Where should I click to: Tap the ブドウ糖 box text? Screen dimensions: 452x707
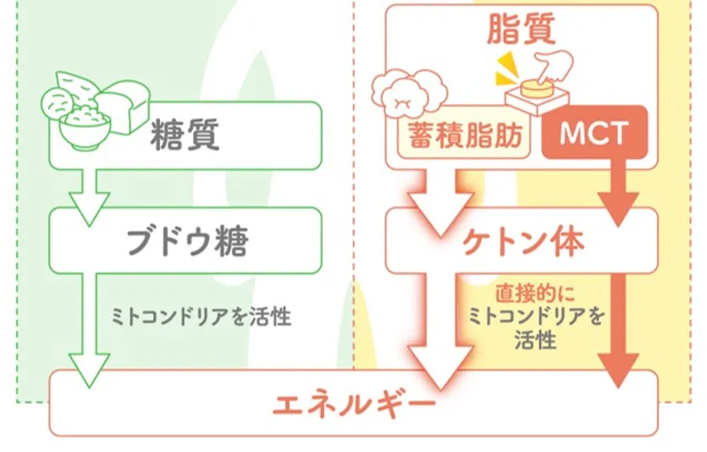(x=187, y=242)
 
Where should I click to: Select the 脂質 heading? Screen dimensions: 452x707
(x=521, y=30)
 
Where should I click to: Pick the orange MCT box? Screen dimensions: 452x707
(x=594, y=134)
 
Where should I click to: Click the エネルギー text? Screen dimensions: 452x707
(x=353, y=406)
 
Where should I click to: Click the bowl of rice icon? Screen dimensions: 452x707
(x=86, y=123)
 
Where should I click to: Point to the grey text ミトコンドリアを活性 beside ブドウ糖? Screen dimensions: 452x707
(x=201, y=318)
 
